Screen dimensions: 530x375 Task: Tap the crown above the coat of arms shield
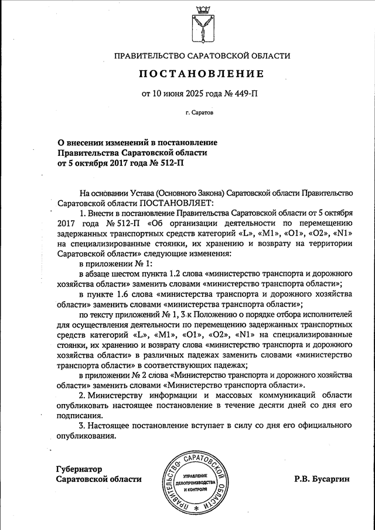pyautogui.click(x=202, y=8)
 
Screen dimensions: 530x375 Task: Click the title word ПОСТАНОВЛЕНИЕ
pyautogui.click(x=202, y=74)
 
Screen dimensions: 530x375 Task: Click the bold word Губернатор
pyautogui.click(x=80, y=469)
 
